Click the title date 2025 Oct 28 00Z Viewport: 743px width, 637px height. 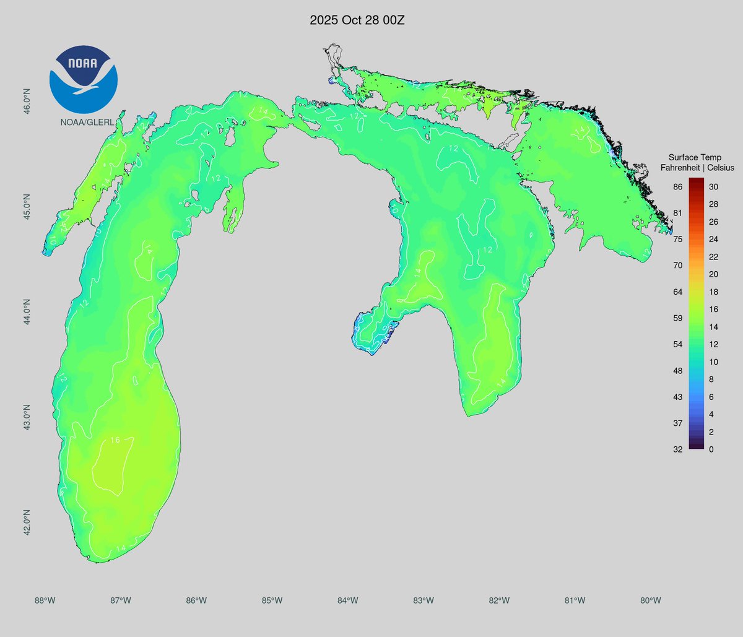point(357,20)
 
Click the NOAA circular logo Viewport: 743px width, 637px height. point(83,79)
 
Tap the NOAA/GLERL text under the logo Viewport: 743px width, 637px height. point(87,122)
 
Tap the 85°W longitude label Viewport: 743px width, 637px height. point(272,600)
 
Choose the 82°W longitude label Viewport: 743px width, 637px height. point(499,600)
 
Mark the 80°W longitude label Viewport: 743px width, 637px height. point(651,600)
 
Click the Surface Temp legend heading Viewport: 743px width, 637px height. point(695,158)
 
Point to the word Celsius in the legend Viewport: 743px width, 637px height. point(719,168)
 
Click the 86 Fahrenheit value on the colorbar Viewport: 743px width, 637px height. point(678,187)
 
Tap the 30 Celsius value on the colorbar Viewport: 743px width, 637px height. point(713,187)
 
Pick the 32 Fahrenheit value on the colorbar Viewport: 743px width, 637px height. point(678,449)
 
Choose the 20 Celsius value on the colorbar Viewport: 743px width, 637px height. point(713,274)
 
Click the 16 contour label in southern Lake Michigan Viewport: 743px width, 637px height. point(115,440)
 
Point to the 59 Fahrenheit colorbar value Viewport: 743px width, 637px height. point(678,318)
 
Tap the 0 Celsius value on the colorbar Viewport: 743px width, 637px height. point(711,449)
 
